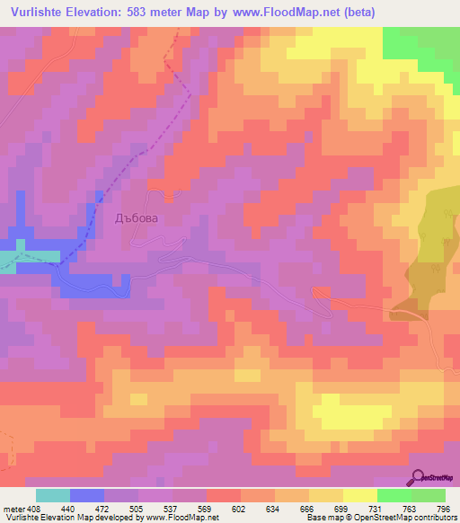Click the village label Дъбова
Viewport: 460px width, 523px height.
coord(137,217)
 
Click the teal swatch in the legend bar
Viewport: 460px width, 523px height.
coord(52,495)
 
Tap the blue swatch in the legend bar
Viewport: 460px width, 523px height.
coord(86,495)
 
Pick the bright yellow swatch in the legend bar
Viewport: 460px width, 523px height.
coord(360,495)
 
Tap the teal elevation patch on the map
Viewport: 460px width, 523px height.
coord(7,261)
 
